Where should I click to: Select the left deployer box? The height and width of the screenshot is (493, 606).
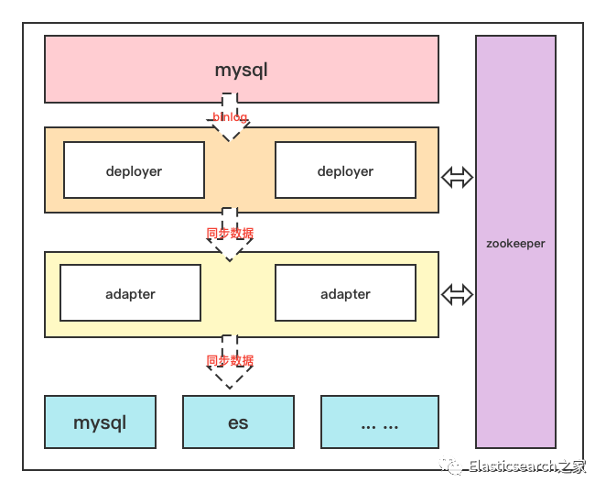[x=134, y=170]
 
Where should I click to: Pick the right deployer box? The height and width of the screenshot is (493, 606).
[x=345, y=170]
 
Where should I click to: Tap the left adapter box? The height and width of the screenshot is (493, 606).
[x=130, y=293]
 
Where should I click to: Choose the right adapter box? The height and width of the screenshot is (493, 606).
[x=345, y=293]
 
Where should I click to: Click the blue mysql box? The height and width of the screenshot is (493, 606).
[x=100, y=422]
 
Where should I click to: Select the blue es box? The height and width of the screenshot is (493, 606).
[x=238, y=422]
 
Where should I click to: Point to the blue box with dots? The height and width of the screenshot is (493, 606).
[x=379, y=422]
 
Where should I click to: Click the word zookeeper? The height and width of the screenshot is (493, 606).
[x=515, y=244]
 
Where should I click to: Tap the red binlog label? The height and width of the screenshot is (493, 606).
[x=230, y=117]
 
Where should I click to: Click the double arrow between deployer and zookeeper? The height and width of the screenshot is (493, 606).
[x=457, y=178]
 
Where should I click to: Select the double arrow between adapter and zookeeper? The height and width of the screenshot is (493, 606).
[x=457, y=294]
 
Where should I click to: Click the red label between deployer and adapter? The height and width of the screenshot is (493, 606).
[x=230, y=234]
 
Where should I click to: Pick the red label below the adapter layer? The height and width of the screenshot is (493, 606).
[x=230, y=360]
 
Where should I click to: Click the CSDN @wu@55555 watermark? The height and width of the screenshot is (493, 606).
[x=536, y=478]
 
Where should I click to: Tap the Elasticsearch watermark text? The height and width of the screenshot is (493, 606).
[x=526, y=466]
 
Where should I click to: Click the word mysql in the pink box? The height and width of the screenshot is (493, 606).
[x=241, y=70]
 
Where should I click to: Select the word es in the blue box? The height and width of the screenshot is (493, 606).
[x=238, y=423]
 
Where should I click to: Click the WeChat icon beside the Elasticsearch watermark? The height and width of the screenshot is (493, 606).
[x=451, y=466]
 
